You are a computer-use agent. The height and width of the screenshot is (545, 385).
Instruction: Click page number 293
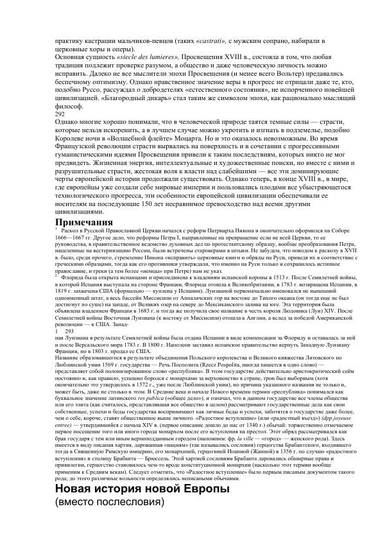[70, 331]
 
